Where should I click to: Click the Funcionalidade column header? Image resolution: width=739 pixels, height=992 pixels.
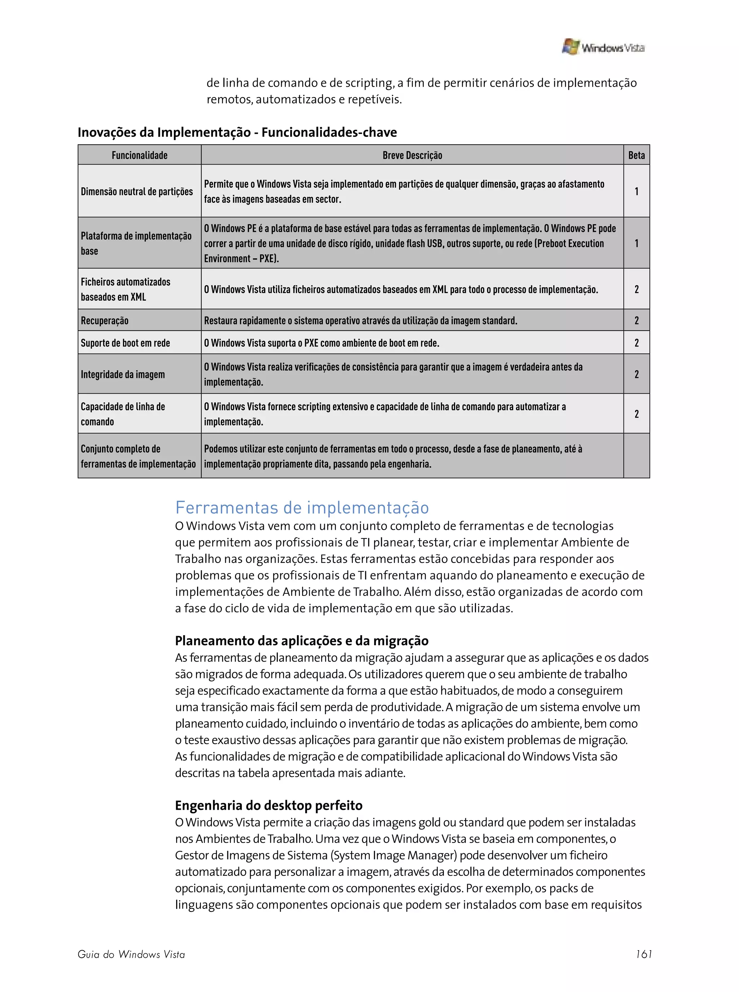click(x=140, y=155)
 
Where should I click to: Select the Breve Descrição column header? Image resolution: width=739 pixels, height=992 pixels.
click(x=412, y=155)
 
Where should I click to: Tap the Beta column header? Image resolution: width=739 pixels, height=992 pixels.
click(x=636, y=155)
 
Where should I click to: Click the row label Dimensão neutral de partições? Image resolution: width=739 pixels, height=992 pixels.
click(x=137, y=191)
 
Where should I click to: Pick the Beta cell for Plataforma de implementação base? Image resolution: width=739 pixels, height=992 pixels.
click(x=636, y=243)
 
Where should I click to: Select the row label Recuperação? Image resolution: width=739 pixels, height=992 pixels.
click(x=105, y=321)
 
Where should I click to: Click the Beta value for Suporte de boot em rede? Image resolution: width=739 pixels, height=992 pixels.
click(x=636, y=343)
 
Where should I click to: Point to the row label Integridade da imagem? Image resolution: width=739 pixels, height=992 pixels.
click(x=123, y=374)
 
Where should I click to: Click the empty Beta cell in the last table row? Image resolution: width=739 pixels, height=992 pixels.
click(x=636, y=456)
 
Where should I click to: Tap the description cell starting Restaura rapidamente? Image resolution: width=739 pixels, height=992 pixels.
click(x=360, y=321)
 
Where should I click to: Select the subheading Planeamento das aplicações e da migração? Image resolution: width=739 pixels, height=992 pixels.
click(x=302, y=641)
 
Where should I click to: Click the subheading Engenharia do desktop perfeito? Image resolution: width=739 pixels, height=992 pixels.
click(x=268, y=805)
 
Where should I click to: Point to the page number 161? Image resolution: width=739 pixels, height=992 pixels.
click(x=644, y=954)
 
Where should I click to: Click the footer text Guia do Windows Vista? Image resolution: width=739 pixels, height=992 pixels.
click(x=131, y=954)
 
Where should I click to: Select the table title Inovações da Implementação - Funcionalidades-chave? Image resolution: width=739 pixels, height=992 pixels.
click(x=237, y=132)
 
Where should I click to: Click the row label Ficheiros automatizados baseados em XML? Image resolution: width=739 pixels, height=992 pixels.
click(x=126, y=289)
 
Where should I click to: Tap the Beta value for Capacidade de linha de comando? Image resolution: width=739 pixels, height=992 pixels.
click(x=636, y=414)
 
